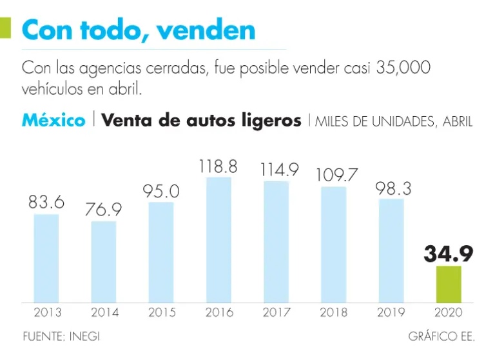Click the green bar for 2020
coord(449,284)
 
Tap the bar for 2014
coord(104,262)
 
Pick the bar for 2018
coord(333,245)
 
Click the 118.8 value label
coord(218,166)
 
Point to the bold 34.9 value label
coord(449,254)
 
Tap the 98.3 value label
coord(392,188)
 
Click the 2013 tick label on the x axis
coord(47,313)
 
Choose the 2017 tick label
coord(277,313)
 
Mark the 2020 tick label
coord(449,313)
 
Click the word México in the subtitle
coord(53,121)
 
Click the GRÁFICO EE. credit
coord(442,337)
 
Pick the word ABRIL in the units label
coord(456,122)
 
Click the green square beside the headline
coord(5,28)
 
